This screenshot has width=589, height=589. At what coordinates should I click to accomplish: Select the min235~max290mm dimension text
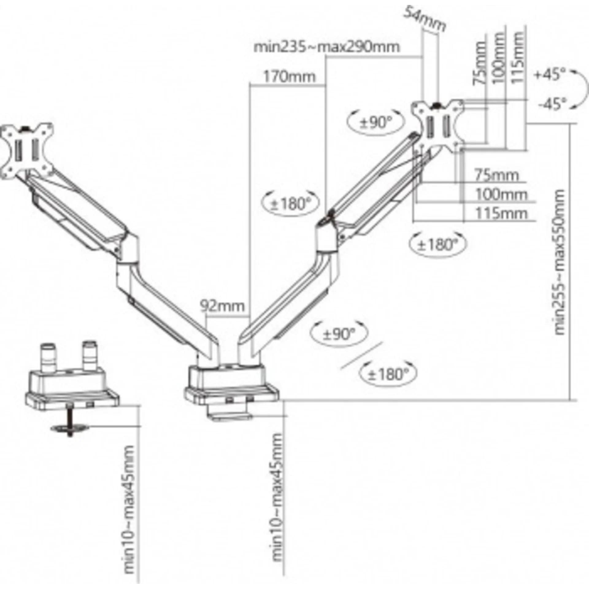click(327, 47)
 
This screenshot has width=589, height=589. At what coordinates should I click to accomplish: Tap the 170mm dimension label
click(289, 76)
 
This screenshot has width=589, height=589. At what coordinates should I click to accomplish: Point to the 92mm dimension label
click(222, 306)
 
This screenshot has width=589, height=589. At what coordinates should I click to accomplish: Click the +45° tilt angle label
click(549, 74)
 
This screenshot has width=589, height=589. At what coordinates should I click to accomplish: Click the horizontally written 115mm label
click(501, 213)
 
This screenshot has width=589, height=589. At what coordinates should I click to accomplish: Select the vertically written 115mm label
click(517, 57)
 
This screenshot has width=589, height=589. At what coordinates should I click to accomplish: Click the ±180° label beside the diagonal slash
click(389, 374)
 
